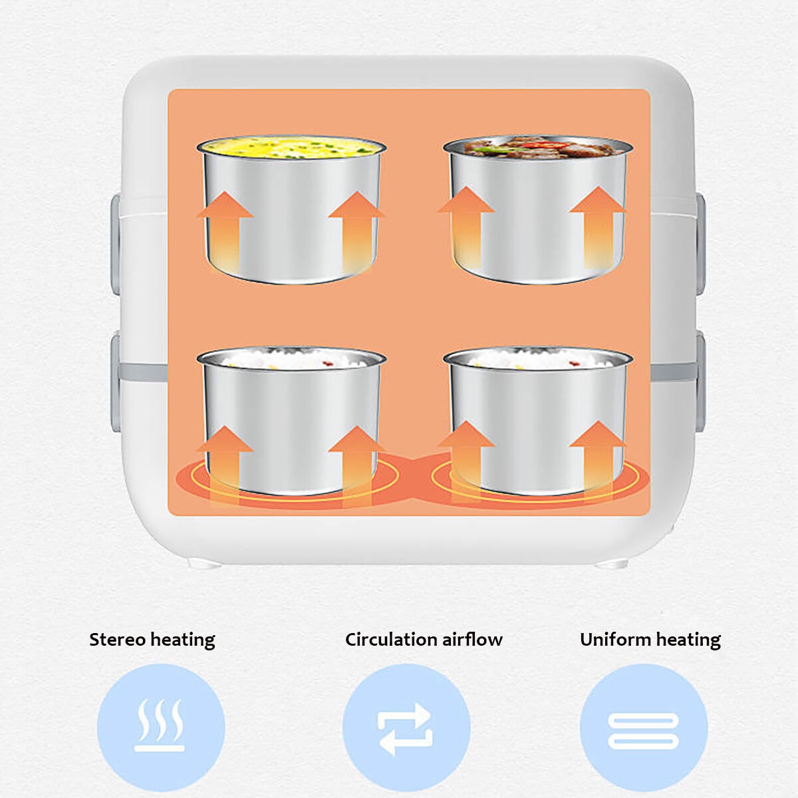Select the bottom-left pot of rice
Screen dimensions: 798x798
point(291,421)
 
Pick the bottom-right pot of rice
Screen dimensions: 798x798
point(537,421)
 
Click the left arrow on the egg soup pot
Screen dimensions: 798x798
point(225,232)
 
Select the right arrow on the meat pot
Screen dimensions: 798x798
point(598,227)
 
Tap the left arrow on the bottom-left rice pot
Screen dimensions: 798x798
point(225,466)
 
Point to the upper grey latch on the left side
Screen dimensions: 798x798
point(116,244)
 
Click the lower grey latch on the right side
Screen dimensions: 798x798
point(701,382)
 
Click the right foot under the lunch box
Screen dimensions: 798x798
point(612,564)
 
